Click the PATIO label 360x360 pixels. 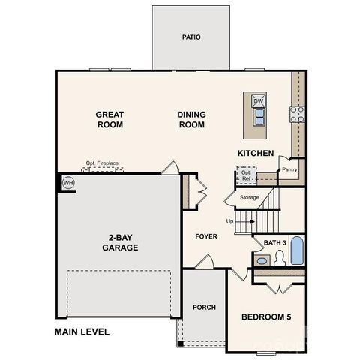(x=191, y=37)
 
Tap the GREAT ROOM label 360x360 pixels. (x=109, y=120)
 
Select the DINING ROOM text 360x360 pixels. (x=191, y=120)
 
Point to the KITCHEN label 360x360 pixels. (x=256, y=153)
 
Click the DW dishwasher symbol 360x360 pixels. (x=258, y=101)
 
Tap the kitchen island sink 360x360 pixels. (x=259, y=116)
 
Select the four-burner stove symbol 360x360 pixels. (x=298, y=114)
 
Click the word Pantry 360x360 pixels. (x=289, y=169)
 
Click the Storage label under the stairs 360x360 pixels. (x=250, y=197)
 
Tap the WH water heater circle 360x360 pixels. (x=68, y=182)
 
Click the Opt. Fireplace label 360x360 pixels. (x=102, y=163)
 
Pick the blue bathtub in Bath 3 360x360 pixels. (x=297, y=251)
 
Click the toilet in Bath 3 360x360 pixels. (x=279, y=258)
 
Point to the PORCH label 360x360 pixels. (x=205, y=307)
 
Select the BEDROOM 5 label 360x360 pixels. (x=266, y=317)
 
